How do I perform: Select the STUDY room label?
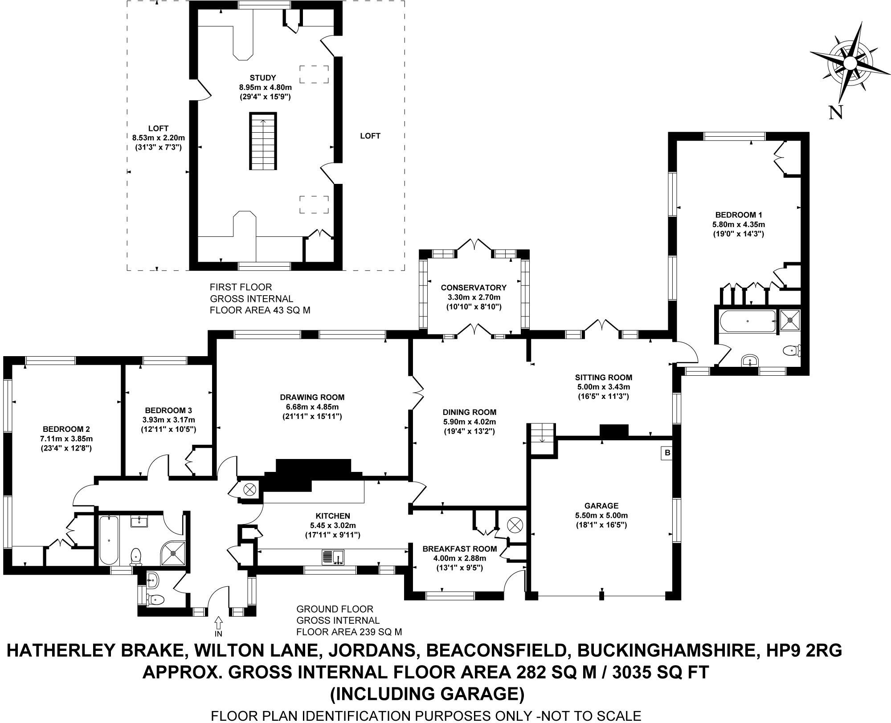(x=263, y=77)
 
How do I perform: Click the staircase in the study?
(x=262, y=142)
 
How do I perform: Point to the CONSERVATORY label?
(x=474, y=288)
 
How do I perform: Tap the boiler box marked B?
(x=667, y=453)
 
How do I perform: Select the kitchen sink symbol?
(x=333, y=557)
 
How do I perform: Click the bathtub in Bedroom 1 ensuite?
(x=748, y=321)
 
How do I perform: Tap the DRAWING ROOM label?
(x=312, y=397)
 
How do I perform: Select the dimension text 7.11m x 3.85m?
(x=66, y=439)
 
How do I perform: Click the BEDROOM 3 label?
(x=168, y=410)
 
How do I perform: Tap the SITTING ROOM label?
(x=603, y=378)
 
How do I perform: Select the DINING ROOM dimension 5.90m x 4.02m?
(x=469, y=422)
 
